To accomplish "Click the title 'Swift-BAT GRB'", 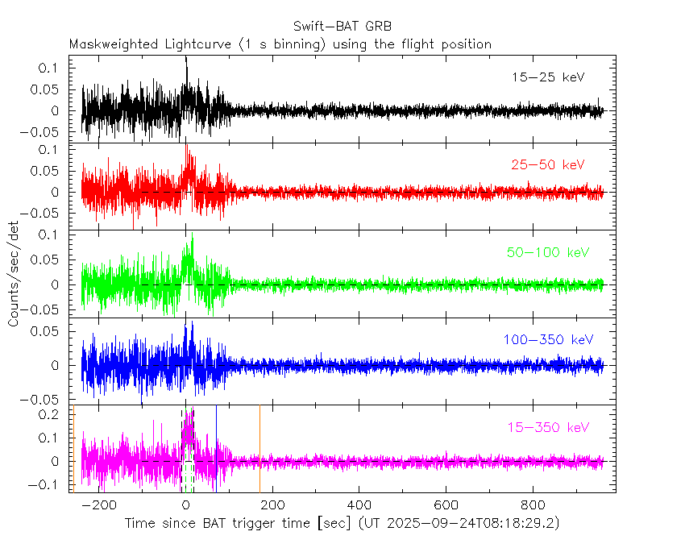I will click(x=342, y=27).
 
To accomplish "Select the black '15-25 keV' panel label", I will click(x=547, y=77).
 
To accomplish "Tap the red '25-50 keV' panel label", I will click(x=547, y=165).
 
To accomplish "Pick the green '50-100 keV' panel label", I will click(x=547, y=252).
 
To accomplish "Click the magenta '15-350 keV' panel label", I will click(x=547, y=427).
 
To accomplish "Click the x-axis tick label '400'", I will click(x=359, y=505).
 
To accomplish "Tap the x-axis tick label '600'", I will click(x=446, y=505).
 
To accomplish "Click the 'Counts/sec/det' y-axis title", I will click(x=14, y=273).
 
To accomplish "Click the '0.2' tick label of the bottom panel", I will click(x=52, y=414).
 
